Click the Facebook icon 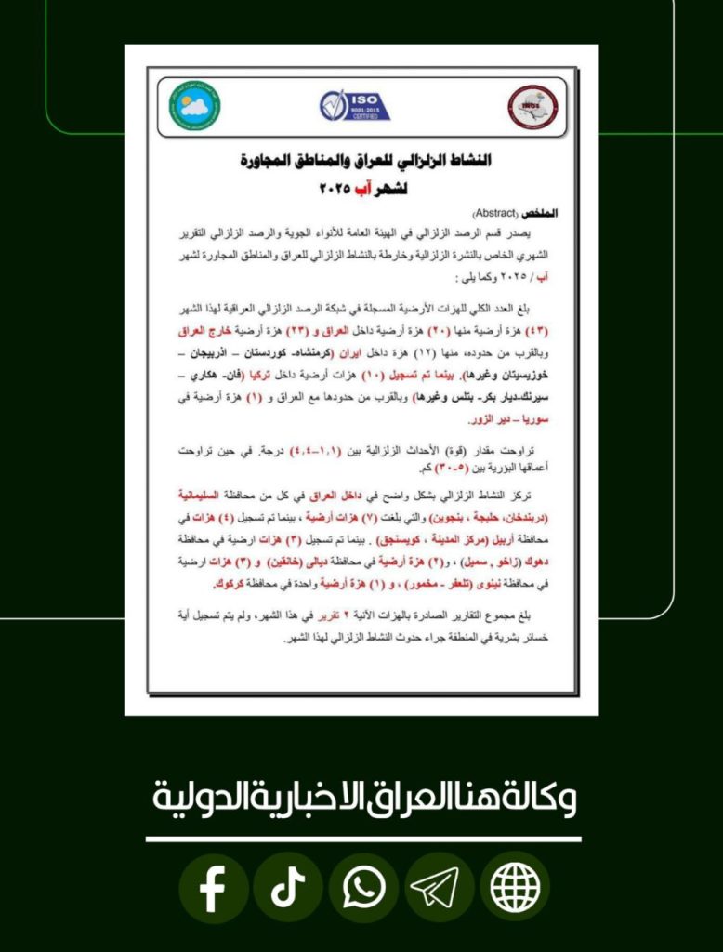click(x=213, y=889)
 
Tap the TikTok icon click(x=288, y=889)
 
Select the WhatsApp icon click(x=363, y=889)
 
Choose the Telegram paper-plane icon click(x=439, y=889)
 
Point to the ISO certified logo click(x=354, y=105)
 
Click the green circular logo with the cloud click(x=194, y=106)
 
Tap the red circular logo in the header click(x=532, y=106)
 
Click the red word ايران click(x=391, y=353)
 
